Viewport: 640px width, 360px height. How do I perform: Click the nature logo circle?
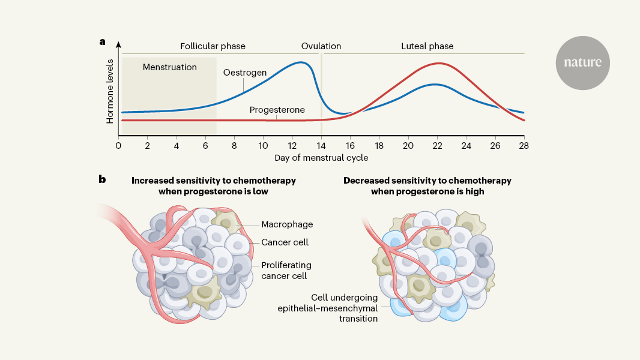coord(582,62)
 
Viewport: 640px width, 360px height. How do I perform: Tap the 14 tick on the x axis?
coord(321,145)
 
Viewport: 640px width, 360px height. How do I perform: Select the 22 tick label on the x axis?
coord(438,145)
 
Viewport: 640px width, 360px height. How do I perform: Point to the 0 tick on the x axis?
coord(119,145)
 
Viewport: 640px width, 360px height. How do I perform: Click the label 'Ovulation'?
coord(321,46)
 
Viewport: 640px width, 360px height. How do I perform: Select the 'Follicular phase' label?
coord(213,46)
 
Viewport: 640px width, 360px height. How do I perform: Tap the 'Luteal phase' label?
coord(427,46)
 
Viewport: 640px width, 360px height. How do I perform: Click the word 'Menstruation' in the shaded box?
coord(170,67)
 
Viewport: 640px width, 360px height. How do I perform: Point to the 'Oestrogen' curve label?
coord(245,73)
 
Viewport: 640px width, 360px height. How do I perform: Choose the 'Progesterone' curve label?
coord(277,110)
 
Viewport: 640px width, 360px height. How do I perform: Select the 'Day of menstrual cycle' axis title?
coord(321,158)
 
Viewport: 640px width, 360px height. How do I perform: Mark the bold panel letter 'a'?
coord(103,42)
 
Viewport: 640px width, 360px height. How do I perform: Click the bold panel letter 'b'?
coord(103,179)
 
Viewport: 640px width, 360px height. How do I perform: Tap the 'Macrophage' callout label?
coord(287,225)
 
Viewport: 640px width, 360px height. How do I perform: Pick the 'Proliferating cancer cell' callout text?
coord(286,271)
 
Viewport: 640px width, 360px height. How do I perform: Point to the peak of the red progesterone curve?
coord(439,63)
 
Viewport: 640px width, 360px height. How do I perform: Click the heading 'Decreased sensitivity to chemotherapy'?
coord(427,181)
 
